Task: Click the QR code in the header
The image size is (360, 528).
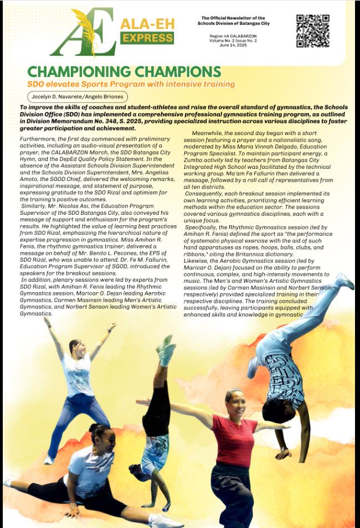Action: click(x=313, y=31)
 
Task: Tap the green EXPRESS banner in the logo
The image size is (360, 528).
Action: click(x=147, y=38)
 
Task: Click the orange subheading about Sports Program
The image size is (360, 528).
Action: click(x=131, y=84)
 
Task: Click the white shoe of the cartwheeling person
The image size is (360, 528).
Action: click(x=344, y=280)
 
